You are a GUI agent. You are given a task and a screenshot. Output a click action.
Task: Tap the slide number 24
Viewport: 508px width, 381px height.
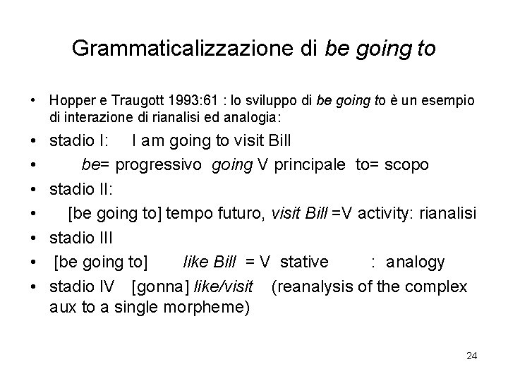pos(471,356)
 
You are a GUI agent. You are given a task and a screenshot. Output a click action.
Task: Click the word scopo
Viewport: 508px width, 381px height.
pos(408,164)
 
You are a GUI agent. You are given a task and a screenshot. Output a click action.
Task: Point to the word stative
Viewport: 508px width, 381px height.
pos(303,262)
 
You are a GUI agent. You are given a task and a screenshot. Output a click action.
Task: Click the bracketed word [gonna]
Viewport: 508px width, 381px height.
pos(159,286)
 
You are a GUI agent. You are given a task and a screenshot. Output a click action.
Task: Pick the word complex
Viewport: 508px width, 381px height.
pos(441,286)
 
